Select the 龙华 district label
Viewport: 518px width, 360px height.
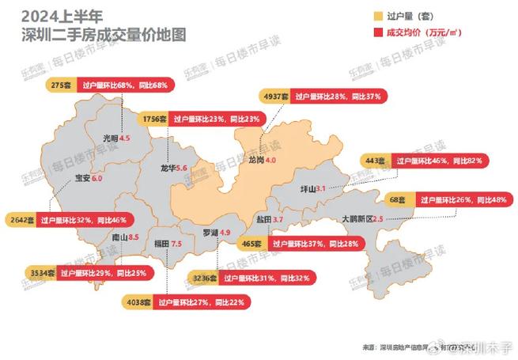[x=167, y=169]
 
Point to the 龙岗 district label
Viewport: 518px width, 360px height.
[x=255, y=160]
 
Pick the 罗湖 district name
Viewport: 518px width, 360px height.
[x=210, y=233]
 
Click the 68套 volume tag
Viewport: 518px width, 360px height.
[x=396, y=200]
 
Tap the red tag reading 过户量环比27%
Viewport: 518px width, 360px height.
[x=202, y=301]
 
